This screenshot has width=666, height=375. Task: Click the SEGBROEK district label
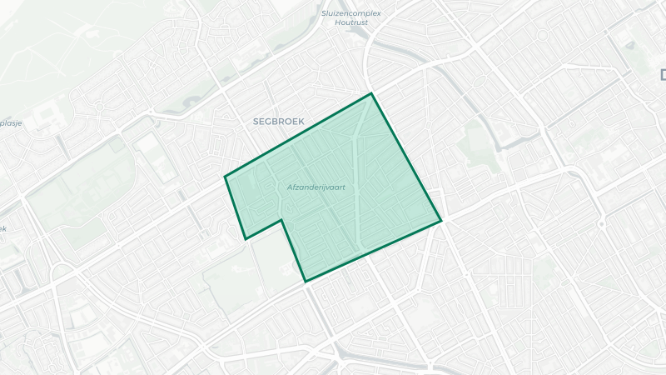(279, 122)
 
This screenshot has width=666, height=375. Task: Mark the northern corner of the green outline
(371, 93)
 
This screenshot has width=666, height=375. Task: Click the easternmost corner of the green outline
(440, 221)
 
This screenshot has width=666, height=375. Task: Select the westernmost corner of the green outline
(225, 176)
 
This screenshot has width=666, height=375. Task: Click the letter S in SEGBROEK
(256, 122)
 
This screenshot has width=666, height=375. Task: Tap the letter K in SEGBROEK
(301, 122)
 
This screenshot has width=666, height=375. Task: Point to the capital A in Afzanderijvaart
(289, 187)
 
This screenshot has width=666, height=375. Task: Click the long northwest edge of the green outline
(298, 135)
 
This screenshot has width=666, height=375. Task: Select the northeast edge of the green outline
(405, 157)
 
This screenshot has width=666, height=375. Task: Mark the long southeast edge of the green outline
(373, 251)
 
